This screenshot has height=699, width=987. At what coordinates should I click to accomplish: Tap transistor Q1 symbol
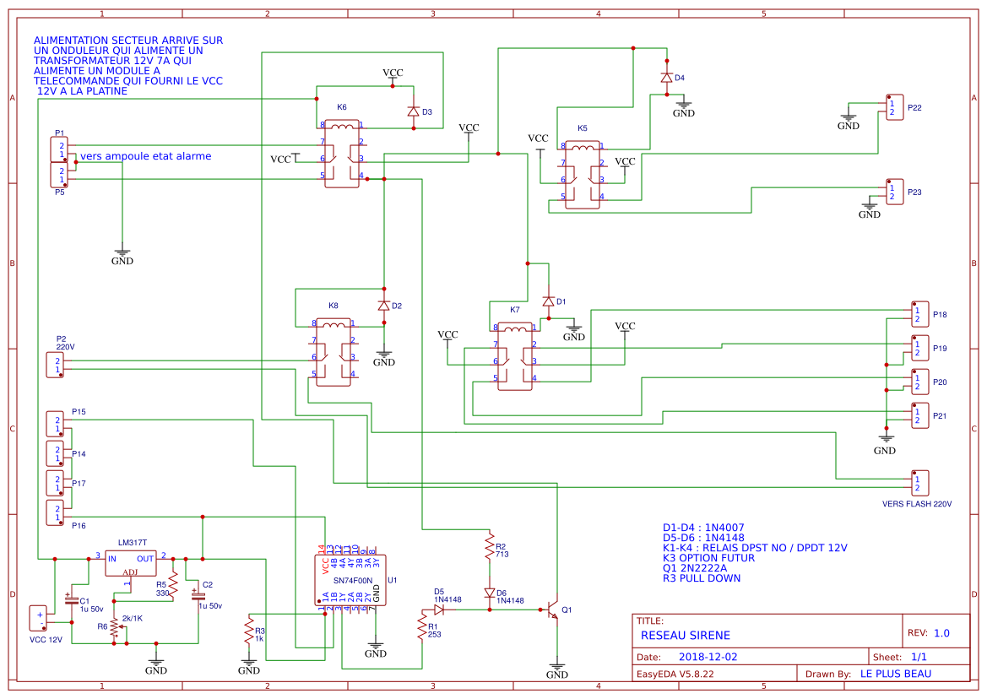click(552, 610)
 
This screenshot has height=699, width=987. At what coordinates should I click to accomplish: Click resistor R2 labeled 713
click(489, 550)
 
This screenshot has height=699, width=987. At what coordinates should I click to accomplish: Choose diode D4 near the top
click(666, 78)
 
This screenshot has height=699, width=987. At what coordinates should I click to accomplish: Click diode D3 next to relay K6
click(413, 111)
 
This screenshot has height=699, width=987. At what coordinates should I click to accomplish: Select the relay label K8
click(333, 306)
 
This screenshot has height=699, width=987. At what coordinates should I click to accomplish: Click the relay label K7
click(515, 310)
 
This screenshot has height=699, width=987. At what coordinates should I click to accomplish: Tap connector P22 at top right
click(893, 108)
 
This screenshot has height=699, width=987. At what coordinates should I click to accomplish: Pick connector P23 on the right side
click(893, 192)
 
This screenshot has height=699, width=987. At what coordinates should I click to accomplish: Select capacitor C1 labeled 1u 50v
click(72, 600)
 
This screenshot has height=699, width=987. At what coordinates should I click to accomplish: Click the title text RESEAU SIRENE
click(685, 635)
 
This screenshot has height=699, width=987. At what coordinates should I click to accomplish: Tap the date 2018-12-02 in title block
click(708, 656)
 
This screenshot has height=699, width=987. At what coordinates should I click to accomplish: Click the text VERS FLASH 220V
click(916, 504)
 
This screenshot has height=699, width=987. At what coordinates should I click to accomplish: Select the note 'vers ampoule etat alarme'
click(145, 156)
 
